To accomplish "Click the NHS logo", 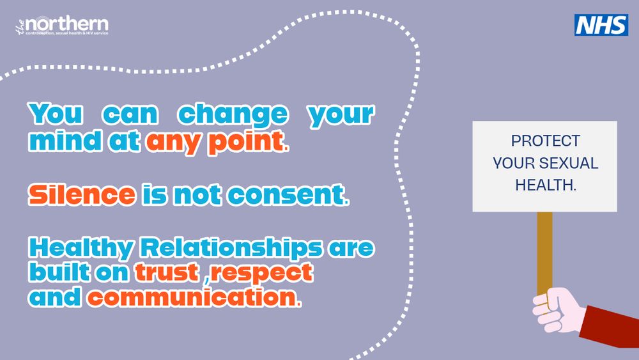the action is [x=601, y=25].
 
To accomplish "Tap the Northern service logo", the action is [x=62, y=26].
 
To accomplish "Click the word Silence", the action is [x=82, y=194].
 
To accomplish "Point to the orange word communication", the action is [x=195, y=297].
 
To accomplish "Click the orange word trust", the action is [x=167, y=272].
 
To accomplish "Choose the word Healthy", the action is [x=81, y=248].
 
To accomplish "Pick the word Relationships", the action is [x=231, y=248].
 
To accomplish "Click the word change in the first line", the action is [x=233, y=114].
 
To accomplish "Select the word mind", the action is [x=65, y=141].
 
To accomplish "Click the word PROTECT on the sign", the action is [x=545, y=141].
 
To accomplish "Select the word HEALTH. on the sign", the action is [x=546, y=185].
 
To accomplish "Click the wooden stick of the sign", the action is [x=544, y=253].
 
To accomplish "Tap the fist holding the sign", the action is [x=558, y=309].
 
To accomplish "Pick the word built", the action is [x=60, y=272].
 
